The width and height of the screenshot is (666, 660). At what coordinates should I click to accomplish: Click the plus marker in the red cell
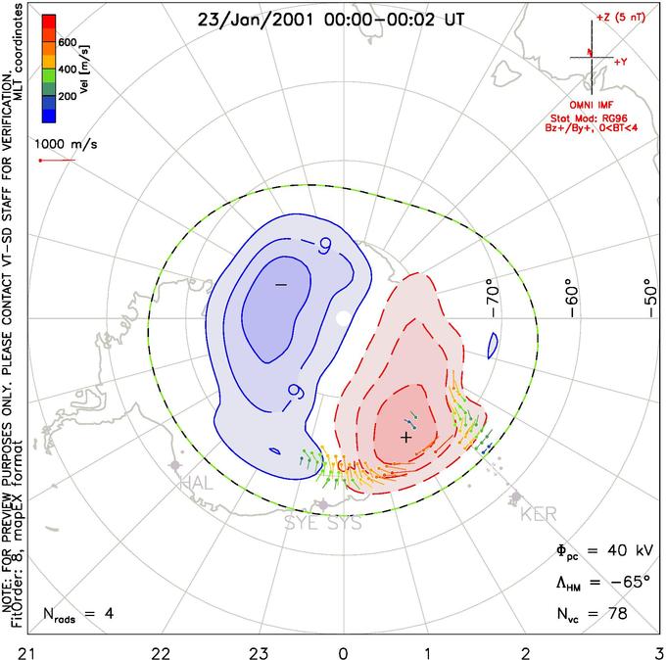click(x=405, y=436)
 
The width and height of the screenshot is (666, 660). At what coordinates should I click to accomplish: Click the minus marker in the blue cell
click(x=280, y=284)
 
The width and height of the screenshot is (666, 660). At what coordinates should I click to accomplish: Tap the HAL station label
click(x=195, y=483)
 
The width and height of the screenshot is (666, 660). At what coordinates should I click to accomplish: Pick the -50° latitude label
click(x=645, y=293)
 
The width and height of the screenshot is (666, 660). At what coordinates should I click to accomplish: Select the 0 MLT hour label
click(x=343, y=650)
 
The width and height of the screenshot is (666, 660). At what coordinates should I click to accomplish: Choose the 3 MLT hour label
click(x=659, y=650)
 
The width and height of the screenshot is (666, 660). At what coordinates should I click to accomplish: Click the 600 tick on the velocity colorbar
click(x=67, y=43)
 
